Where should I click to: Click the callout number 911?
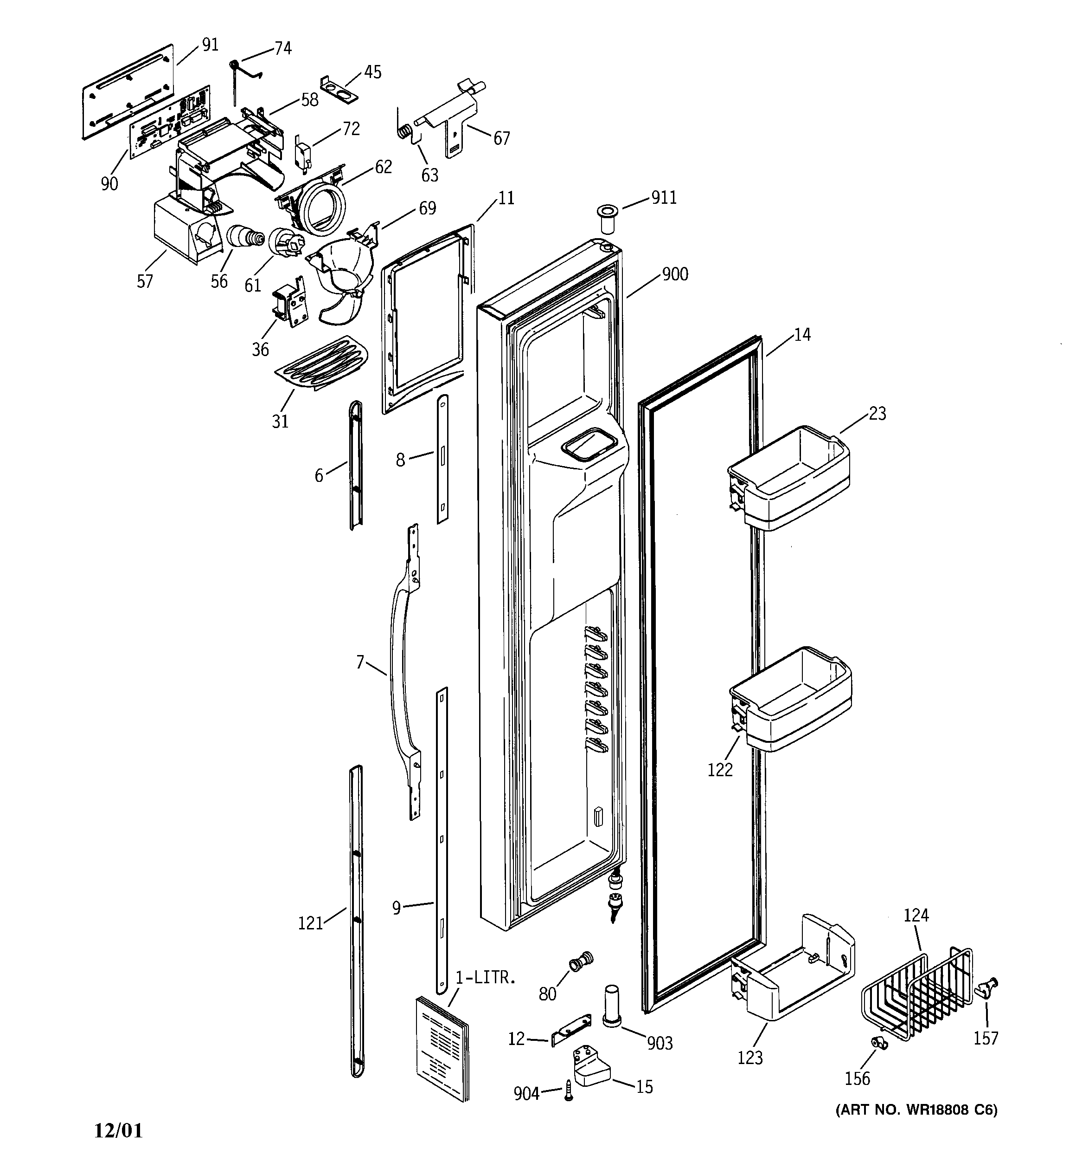[664, 198]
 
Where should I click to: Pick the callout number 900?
[675, 274]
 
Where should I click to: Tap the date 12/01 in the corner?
[118, 1130]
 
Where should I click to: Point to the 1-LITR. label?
[485, 978]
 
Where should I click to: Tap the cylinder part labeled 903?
[612, 1006]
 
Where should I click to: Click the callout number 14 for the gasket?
[802, 335]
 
